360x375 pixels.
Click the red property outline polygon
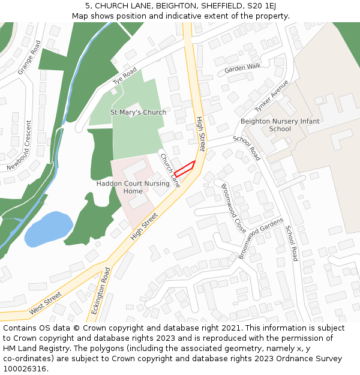[185, 169]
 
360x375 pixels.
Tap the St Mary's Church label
[138, 112]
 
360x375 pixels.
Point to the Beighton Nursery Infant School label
[280, 125]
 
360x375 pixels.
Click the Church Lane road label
[170, 170]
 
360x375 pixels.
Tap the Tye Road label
[125, 76]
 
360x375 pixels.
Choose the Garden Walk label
[242, 68]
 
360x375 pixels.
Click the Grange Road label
[29, 58]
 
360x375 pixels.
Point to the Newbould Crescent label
[20, 145]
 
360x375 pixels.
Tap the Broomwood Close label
[233, 208]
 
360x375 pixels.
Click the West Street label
[45, 303]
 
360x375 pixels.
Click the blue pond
[48, 228]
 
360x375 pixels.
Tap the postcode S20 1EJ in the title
[263, 6]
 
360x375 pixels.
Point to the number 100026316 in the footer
[23, 369]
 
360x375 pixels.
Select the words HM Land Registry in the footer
[34, 349]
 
